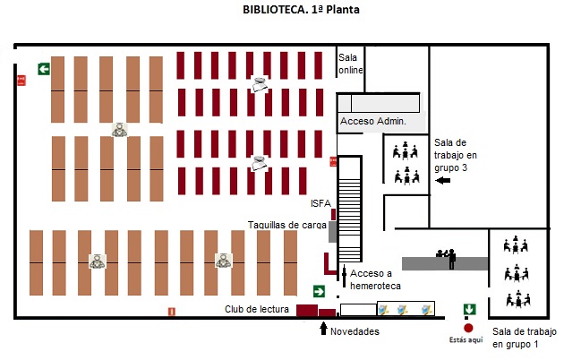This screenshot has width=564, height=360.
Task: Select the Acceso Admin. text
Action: [x=372, y=121]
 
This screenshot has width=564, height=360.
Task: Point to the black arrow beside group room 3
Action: [x=443, y=181]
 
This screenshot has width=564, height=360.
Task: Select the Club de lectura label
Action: [x=256, y=310]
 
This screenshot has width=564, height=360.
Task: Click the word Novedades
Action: [x=355, y=332]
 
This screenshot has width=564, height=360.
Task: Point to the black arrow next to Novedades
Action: [x=323, y=329]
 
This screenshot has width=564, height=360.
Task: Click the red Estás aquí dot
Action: [x=467, y=328]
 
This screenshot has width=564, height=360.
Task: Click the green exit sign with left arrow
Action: [x=43, y=69]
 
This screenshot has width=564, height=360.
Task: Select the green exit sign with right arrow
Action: [x=318, y=291]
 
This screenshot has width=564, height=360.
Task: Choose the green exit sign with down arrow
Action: [x=468, y=310]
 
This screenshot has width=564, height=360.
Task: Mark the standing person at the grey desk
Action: [x=451, y=259]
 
